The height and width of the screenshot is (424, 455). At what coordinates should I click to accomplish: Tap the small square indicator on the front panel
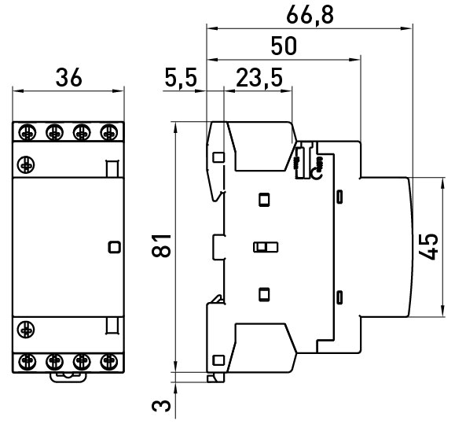coord(114,247)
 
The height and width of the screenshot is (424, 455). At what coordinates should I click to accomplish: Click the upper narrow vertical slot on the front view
coord(112,168)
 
